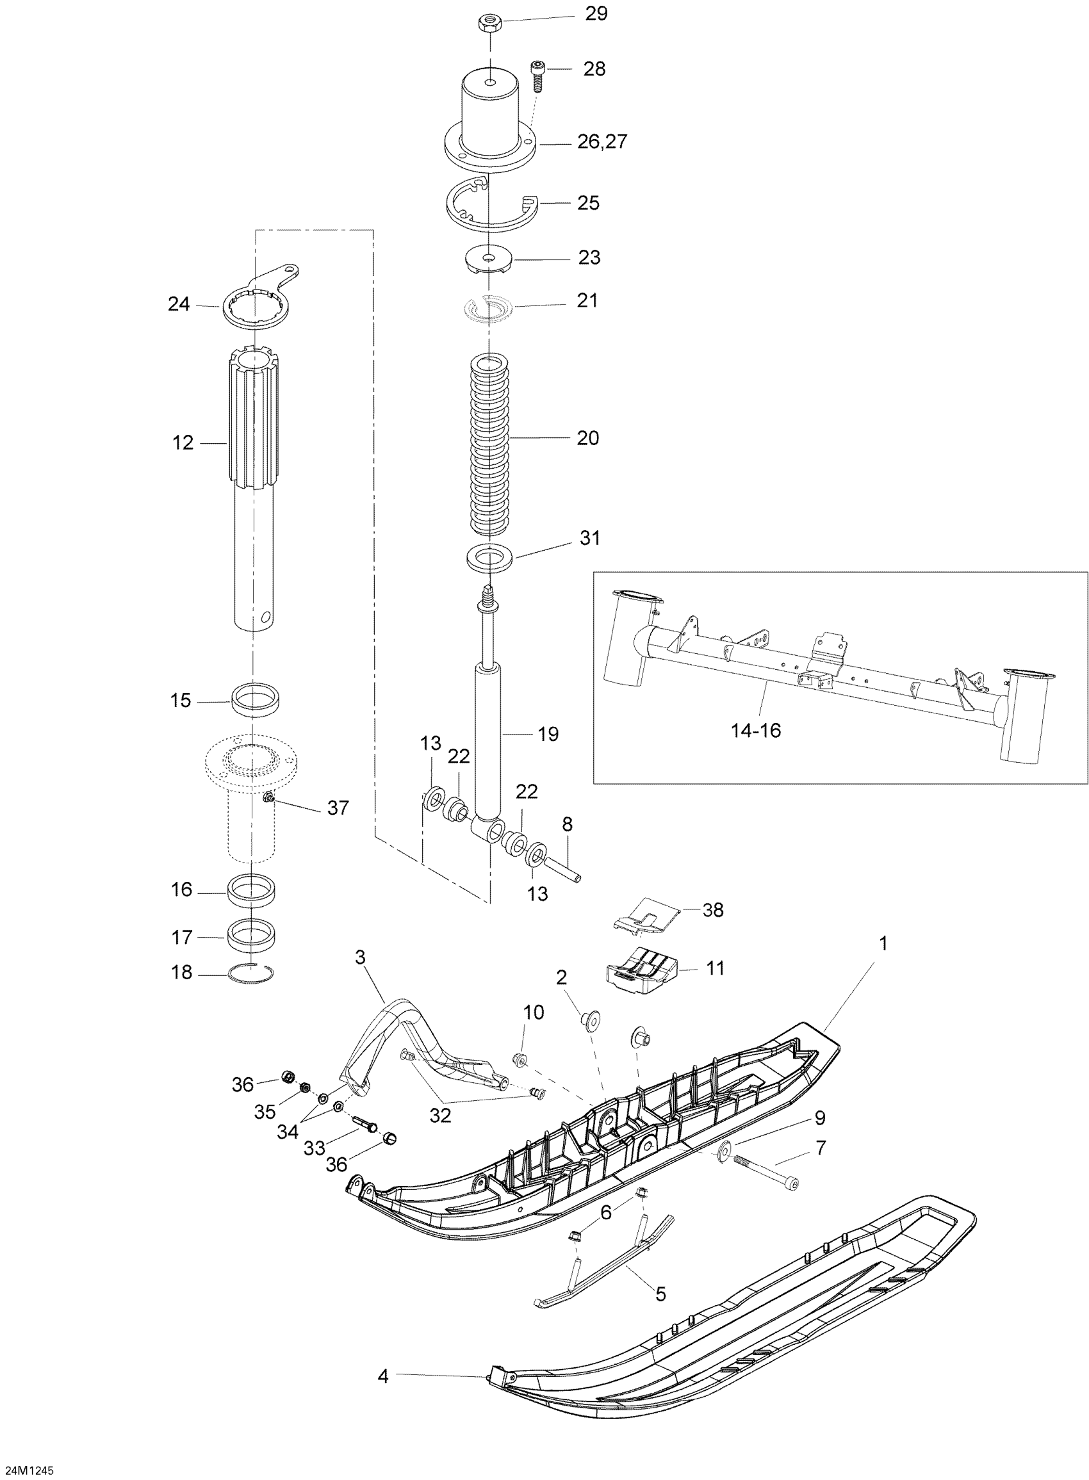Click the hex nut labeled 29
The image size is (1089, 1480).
click(x=491, y=24)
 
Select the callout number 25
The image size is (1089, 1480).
click(x=588, y=203)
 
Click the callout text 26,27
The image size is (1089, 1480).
click(x=603, y=142)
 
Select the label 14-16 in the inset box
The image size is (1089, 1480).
click(x=756, y=730)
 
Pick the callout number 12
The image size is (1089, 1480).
click(x=183, y=443)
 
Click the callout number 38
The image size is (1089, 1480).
click(x=713, y=910)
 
